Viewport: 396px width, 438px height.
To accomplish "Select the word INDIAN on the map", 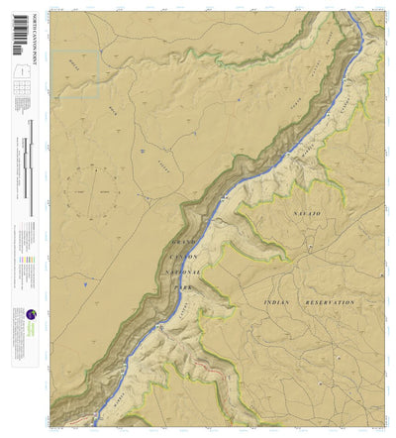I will (x=282, y=300).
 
